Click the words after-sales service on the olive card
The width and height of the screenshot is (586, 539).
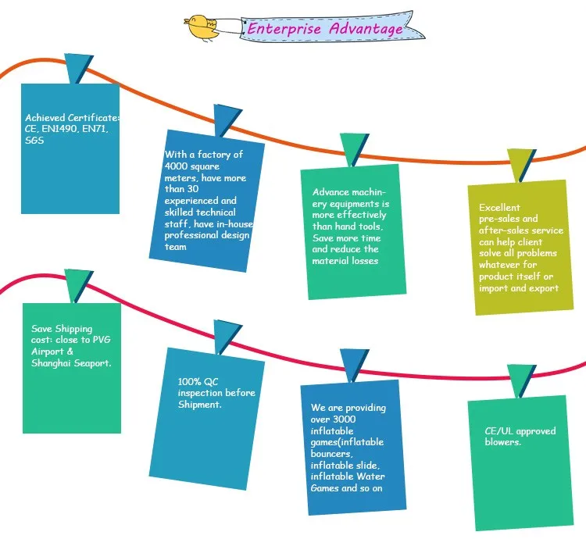[x=520, y=230]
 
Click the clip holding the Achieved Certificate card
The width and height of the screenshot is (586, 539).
[x=77, y=69]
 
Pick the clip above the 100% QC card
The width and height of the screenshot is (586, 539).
[x=227, y=336]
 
